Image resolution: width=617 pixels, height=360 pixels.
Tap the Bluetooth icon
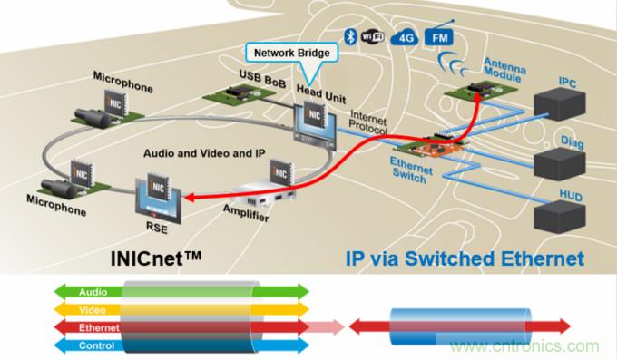pos(348,36)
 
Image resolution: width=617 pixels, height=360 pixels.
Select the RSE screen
pos(155,194)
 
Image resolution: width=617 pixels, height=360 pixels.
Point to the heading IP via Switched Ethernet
pos(464,259)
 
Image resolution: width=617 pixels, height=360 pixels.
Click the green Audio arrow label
pos(93,293)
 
